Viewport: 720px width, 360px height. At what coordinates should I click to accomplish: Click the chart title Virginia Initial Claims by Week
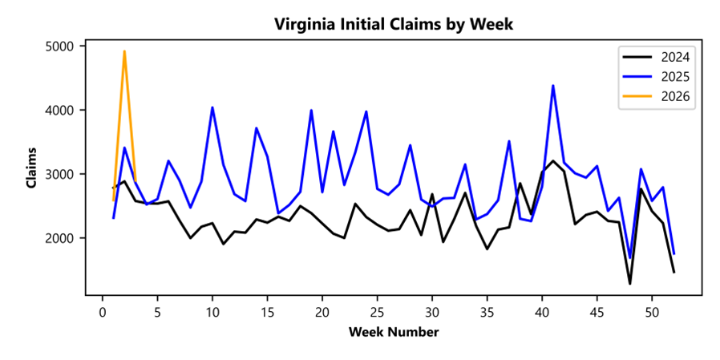393,24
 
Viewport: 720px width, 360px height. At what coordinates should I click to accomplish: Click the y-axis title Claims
31,168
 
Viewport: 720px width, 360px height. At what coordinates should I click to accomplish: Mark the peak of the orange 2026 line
124,51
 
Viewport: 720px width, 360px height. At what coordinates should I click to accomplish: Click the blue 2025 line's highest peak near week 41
553,86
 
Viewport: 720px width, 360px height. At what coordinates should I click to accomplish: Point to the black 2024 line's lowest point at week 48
630,283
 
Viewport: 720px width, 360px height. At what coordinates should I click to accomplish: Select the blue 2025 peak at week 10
212,107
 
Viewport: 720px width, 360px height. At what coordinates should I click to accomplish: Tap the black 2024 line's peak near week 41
553,161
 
